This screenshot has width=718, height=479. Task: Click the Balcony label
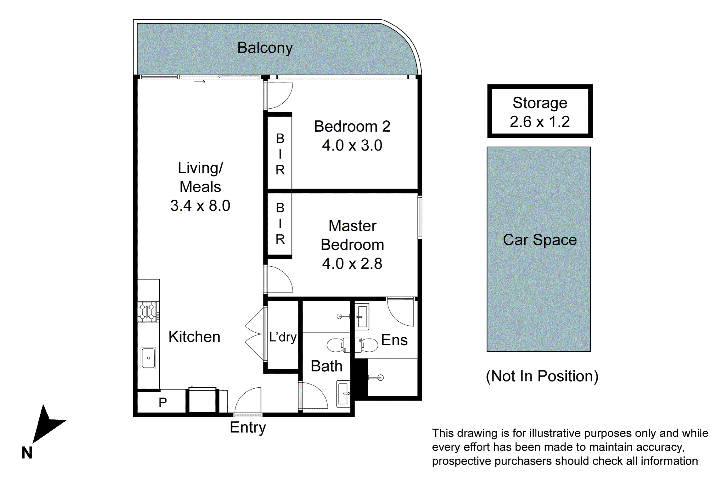(265, 48)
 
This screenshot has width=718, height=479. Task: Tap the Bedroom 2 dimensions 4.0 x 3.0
(352, 145)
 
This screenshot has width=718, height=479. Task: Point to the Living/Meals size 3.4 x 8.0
(200, 205)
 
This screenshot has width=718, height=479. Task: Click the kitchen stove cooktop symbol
(148, 312)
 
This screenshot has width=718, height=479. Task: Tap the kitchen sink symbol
(148, 358)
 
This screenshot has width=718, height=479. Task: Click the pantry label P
(163, 403)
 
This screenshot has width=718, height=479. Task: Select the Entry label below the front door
(247, 427)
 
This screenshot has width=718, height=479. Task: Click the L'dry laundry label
(283, 337)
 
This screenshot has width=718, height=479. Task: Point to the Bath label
(326, 366)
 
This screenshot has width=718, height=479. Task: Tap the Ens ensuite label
(394, 340)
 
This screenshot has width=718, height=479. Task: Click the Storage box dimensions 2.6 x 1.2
(539, 122)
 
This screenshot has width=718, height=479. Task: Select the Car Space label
(540, 240)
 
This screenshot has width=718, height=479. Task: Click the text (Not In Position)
(542, 376)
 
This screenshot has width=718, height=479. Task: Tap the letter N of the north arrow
(27, 453)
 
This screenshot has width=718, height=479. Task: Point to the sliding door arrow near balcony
(199, 82)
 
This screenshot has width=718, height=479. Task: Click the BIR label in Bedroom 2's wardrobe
(280, 154)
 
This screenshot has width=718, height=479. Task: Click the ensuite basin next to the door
(362, 316)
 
